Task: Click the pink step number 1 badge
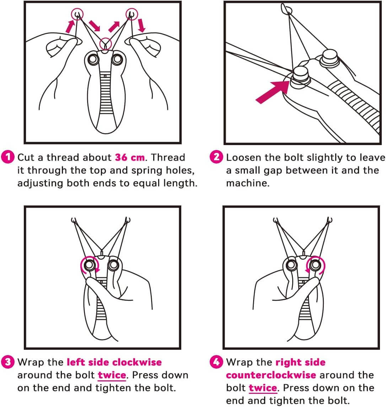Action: [8, 157]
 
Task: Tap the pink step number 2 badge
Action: [216, 157]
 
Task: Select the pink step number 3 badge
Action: [8, 362]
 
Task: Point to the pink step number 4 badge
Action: [216, 362]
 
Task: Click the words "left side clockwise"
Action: [114, 362]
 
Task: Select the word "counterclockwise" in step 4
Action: [271, 375]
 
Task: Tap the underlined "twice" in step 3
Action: [112, 375]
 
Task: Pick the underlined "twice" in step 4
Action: [263, 388]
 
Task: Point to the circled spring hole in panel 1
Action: [105, 44]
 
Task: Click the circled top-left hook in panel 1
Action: [77, 14]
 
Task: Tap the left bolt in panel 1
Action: [93, 59]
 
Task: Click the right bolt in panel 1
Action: [117, 59]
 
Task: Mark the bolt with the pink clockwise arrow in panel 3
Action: [89, 265]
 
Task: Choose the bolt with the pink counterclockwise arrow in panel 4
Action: [314, 265]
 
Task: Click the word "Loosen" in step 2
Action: [244, 157]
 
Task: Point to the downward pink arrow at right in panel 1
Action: [141, 26]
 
